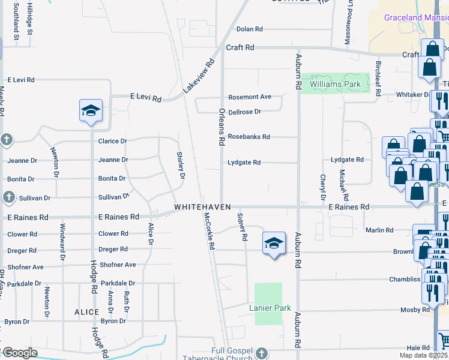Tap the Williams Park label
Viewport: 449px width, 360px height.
click(335, 85)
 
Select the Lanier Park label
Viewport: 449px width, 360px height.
click(270, 308)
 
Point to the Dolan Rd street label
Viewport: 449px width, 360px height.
click(250, 29)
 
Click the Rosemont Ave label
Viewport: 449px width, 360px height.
click(250, 97)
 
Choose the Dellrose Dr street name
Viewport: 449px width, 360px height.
click(245, 112)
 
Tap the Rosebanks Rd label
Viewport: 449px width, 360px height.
click(249, 137)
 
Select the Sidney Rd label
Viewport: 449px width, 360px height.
click(243, 226)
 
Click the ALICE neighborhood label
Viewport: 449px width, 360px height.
click(86, 312)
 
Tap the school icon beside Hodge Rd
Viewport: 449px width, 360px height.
click(91, 110)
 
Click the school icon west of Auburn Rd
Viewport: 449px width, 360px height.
click(273, 243)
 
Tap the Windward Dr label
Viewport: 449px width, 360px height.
click(62, 242)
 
